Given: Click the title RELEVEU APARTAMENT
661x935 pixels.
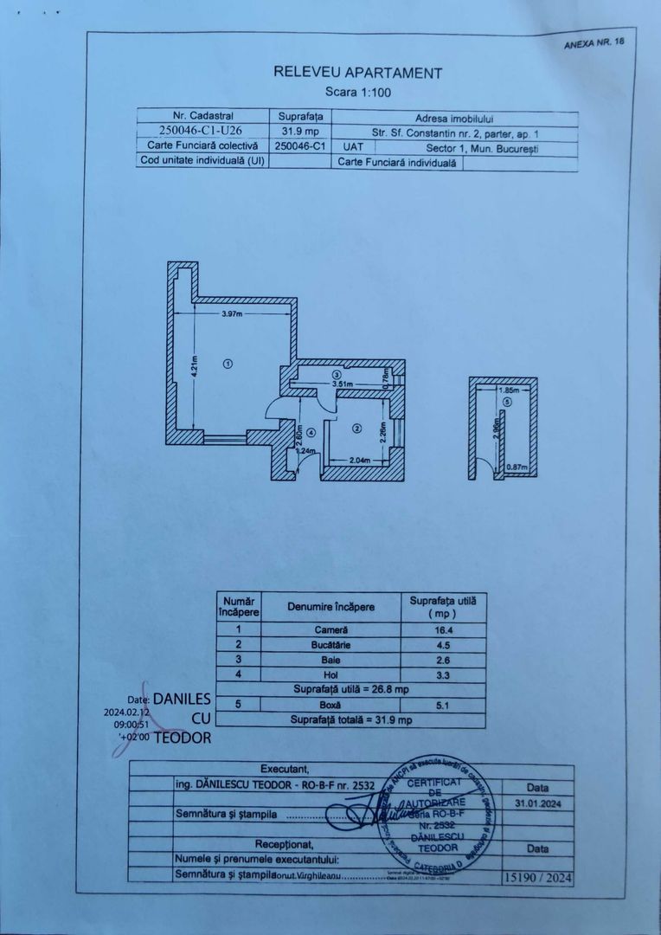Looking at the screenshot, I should click(357, 74).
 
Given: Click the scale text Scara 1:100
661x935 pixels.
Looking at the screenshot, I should click(357, 91).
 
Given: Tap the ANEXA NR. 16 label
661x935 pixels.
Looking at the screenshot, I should click(593, 42).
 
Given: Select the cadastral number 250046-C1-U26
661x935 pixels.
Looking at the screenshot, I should click(203, 132).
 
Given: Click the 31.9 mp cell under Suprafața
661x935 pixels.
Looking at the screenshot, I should click(299, 132).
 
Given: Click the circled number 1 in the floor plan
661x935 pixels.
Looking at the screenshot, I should click(228, 364).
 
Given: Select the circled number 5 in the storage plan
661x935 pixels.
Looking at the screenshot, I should click(509, 402).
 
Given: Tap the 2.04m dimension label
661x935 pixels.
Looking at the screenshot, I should click(360, 460).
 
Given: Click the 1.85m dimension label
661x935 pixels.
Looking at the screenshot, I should click(509, 390).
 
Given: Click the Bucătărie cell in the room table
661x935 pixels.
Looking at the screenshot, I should click(332, 645).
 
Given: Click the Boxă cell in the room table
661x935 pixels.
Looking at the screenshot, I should click(332, 705).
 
